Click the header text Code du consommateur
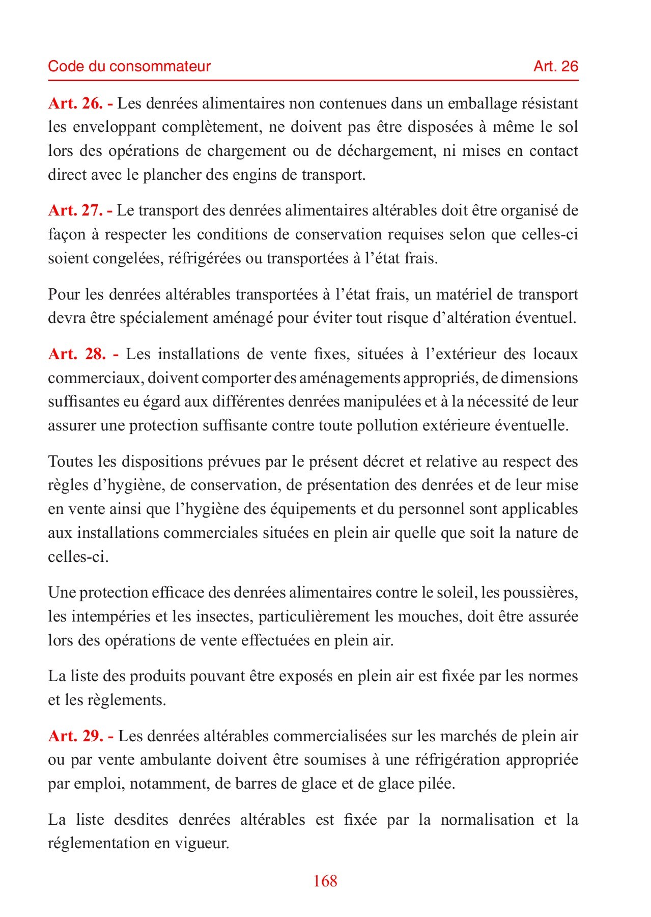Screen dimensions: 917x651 (129, 66)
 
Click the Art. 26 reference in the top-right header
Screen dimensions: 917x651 (555, 66)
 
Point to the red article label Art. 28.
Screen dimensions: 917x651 (82, 354)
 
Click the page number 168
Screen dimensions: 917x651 (325, 881)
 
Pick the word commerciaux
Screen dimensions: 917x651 (94, 378)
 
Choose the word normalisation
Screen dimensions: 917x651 (487, 820)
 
